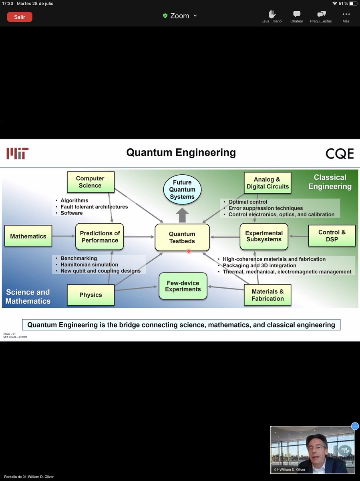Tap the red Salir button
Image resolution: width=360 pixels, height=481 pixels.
[20, 17]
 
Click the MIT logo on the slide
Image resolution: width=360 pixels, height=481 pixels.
[17, 153]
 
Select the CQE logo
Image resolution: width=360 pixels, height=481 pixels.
[340, 153]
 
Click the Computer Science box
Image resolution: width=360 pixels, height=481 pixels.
[90, 182]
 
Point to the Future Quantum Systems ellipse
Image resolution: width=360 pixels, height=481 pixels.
[182, 190]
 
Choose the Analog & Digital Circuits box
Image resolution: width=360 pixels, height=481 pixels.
[267, 183]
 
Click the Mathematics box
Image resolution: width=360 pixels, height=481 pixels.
[28, 236]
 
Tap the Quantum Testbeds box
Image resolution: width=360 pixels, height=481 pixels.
[182, 237]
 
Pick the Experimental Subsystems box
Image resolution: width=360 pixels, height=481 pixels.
[264, 236]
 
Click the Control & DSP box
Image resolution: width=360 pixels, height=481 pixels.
[332, 235]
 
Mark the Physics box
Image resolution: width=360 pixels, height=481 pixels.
[91, 295]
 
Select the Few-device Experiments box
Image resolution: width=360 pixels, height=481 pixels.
[183, 286]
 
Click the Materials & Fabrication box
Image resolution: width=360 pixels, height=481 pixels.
[267, 295]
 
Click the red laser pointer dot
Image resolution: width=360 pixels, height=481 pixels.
[188, 251]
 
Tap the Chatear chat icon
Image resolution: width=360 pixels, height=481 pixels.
[297, 14]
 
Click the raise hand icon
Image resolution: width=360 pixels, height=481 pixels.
[272, 14]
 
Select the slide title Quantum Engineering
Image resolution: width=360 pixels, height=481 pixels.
[181, 153]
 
